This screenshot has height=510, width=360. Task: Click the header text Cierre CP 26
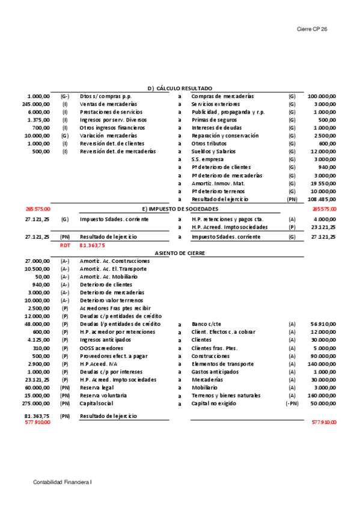(x=312, y=29)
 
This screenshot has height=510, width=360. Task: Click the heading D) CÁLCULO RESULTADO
(x=180, y=88)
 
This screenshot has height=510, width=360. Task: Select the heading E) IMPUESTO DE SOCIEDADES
(x=180, y=208)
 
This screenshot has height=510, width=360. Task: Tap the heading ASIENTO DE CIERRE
(x=180, y=253)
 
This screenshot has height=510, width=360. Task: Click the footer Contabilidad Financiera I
(x=63, y=482)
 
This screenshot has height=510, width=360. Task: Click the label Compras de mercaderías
(x=222, y=96)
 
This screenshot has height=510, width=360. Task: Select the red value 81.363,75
(x=92, y=245)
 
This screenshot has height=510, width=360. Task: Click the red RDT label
(x=65, y=245)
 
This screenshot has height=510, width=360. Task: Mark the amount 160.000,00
(x=322, y=395)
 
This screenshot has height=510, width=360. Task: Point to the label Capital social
(x=96, y=403)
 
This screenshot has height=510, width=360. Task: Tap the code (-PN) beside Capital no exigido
(x=291, y=403)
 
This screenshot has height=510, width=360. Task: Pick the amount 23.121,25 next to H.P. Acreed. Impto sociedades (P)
(x=324, y=227)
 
